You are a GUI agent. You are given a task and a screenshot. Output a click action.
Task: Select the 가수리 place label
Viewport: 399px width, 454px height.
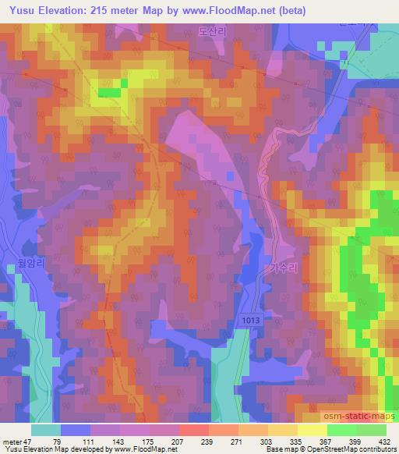coord(283,267)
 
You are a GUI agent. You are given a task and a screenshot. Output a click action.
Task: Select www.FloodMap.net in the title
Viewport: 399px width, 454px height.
coord(229,11)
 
